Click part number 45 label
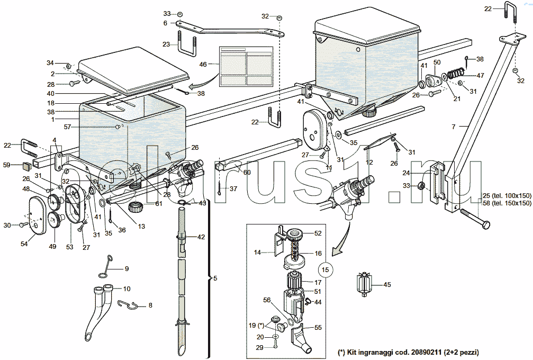click(x=387, y=285)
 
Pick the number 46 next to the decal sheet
click(x=203, y=64)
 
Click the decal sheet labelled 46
click(x=246, y=66)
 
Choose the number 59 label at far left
click(x=6, y=165)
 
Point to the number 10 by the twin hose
click(x=127, y=289)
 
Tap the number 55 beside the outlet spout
click(x=318, y=328)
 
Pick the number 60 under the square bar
click(x=247, y=172)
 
